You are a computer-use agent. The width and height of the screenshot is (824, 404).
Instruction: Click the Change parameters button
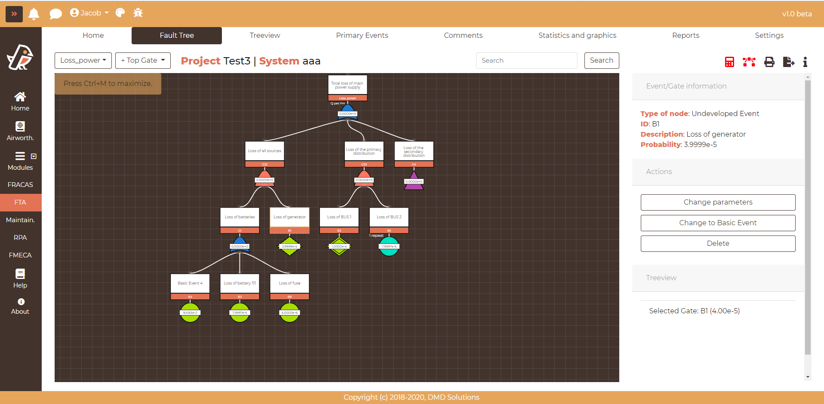click(x=718, y=202)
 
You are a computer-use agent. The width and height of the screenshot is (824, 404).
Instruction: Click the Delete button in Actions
click(x=718, y=243)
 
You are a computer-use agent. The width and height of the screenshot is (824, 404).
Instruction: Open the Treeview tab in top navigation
click(x=264, y=35)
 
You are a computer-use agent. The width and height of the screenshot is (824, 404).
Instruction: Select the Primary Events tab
click(x=362, y=35)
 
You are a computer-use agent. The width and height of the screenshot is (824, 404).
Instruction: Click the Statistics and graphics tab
click(x=577, y=35)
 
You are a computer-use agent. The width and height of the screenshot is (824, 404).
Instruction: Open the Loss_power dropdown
click(x=83, y=61)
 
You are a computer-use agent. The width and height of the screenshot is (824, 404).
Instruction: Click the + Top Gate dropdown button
click(x=143, y=61)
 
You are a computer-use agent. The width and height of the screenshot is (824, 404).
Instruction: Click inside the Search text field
click(x=526, y=61)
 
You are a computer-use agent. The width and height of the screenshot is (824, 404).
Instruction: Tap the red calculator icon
click(x=729, y=62)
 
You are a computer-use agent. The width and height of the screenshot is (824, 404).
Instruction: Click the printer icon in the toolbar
click(x=769, y=62)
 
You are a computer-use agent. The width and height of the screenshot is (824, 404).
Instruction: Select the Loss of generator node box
click(x=289, y=217)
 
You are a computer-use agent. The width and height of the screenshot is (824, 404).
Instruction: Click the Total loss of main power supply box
click(x=347, y=85)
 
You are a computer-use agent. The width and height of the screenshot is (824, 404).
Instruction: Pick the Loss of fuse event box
click(x=289, y=284)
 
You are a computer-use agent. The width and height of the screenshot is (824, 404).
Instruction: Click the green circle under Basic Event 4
click(x=190, y=313)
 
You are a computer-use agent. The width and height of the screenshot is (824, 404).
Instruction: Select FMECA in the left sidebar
click(x=20, y=255)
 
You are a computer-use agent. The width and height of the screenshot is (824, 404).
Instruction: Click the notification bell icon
click(x=34, y=14)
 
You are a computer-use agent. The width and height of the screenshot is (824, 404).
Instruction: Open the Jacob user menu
click(x=89, y=13)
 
